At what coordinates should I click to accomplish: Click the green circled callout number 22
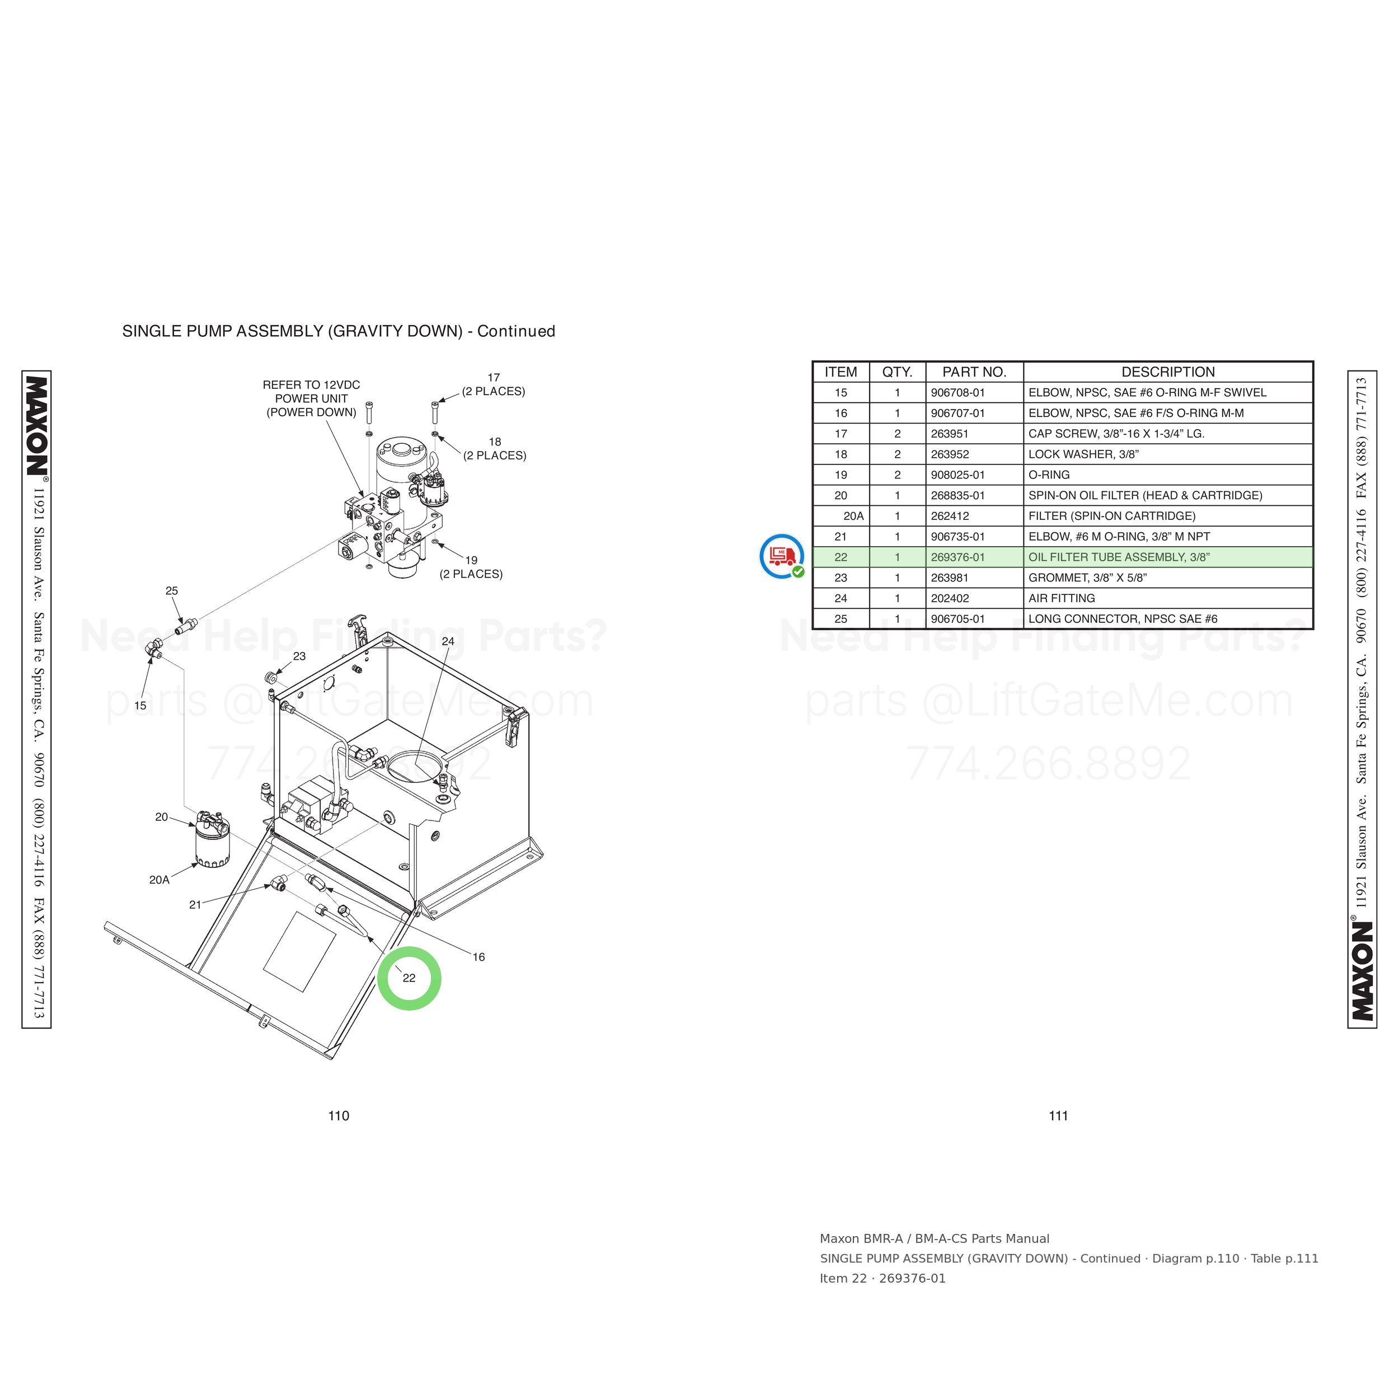(409, 978)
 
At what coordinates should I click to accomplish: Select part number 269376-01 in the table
(957, 557)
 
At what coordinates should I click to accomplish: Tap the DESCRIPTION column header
(1168, 372)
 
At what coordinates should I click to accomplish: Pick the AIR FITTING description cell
(1062, 599)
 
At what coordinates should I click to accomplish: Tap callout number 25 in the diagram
(172, 591)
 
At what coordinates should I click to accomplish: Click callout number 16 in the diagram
(478, 957)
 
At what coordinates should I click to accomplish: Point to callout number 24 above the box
(448, 641)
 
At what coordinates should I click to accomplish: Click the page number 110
(339, 1116)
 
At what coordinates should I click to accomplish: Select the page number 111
(1059, 1116)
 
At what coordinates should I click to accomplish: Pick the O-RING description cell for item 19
(1049, 475)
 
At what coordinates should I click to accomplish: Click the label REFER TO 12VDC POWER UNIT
(311, 392)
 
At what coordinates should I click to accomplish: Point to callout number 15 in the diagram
(140, 705)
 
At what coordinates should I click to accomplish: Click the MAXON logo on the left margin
(37, 426)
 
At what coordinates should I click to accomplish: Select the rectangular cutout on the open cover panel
(300, 951)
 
